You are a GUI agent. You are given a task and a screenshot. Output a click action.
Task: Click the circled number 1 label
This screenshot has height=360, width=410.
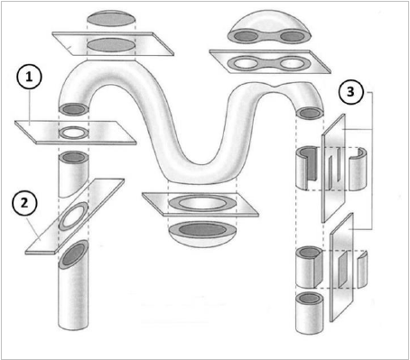(x=29, y=78)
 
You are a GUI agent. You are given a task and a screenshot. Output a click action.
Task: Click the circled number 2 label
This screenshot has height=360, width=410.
(x=24, y=203)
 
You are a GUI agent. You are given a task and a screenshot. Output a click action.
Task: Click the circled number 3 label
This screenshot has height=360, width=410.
(x=351, y=92)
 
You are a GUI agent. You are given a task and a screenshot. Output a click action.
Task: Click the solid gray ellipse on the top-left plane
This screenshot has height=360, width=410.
(x=111, y=45)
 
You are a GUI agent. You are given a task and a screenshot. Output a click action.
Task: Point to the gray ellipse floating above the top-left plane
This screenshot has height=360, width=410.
(x=111, y=19)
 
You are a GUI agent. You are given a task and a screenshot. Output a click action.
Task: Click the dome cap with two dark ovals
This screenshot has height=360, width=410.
(x=269, y=27)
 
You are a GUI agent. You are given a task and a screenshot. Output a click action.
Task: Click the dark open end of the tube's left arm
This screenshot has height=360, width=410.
(x=74, y=109)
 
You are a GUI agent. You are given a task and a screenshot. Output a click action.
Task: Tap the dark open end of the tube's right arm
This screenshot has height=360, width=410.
(x=310, y=113)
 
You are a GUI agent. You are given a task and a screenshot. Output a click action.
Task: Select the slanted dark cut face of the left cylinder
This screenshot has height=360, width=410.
(x=73, y=255)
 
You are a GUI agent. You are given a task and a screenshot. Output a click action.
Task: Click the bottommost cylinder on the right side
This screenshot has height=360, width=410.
(x=310, y=312)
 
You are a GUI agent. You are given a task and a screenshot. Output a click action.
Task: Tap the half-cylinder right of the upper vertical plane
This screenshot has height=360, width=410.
(x=359, y=169)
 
